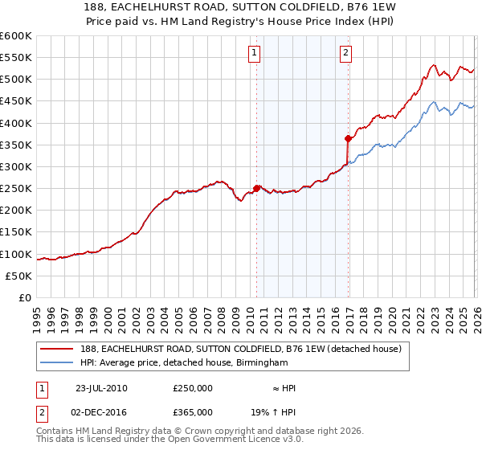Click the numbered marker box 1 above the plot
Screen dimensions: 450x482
pyautogui.click(x=254, y=54)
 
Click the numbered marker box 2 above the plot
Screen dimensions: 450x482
pyautogui.click(x=345, y=54)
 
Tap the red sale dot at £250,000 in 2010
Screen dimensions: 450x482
pyautogui.click(x=257, y=188)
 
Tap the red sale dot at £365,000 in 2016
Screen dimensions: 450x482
pyautogui.click(x=348, y=138)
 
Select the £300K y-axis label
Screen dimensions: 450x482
pyautogui.click(x=16, y=167)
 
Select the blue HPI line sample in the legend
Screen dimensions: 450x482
pyautogui.click(x=57, y=363)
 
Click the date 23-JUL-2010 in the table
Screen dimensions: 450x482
pyautogui.click(x=101, y=388)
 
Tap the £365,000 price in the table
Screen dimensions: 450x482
pyautogui.click(x=193, y=411)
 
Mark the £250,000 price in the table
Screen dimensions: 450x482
pyautogui.click(x=193, y=388)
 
